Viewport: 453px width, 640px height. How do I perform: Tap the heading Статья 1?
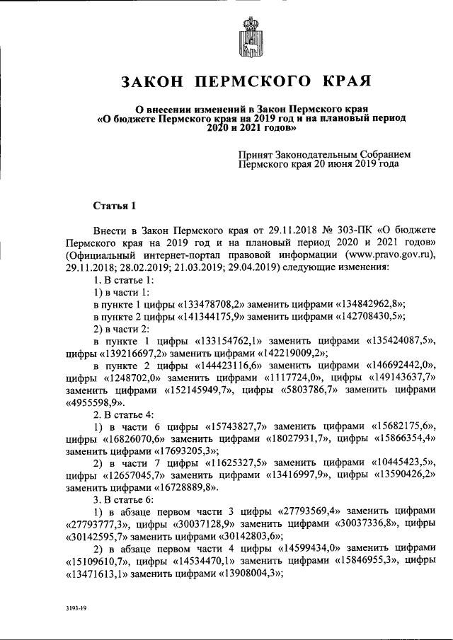click(x=113, y=206)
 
